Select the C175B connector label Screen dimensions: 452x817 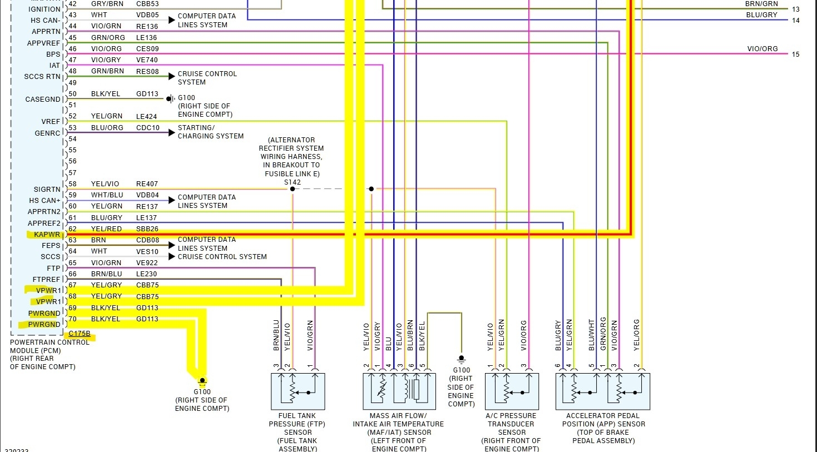[x=80, y=334]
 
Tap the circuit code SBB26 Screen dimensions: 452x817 [x=147, y=229]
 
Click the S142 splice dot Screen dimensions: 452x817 [x=293, y=189]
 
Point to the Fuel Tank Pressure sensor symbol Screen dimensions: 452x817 [x=298, y=391]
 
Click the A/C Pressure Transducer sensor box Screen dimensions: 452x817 [x=512, y=391]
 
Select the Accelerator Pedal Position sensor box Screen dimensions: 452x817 [x=602, y=391]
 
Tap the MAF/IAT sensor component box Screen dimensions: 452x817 [x=399, y=391]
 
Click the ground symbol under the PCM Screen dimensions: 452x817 [x=202, y=381]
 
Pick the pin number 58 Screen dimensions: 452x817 [x=72, y=184]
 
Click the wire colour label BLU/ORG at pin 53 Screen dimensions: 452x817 [x=107, y=128]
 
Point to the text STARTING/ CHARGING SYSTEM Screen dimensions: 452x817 [x=210, y=132]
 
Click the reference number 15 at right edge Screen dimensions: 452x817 [x=795, y=54]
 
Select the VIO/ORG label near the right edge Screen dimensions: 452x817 [x=762, y=49]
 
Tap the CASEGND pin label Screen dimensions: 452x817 [x=43, y=100]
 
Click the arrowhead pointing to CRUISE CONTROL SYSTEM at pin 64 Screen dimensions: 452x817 [x=172, y=256]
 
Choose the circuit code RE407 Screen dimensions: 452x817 [x=147, y=184]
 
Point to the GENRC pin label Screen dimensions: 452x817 [x=47, y=133]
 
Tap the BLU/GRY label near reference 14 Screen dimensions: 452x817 [x=761, y=15]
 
